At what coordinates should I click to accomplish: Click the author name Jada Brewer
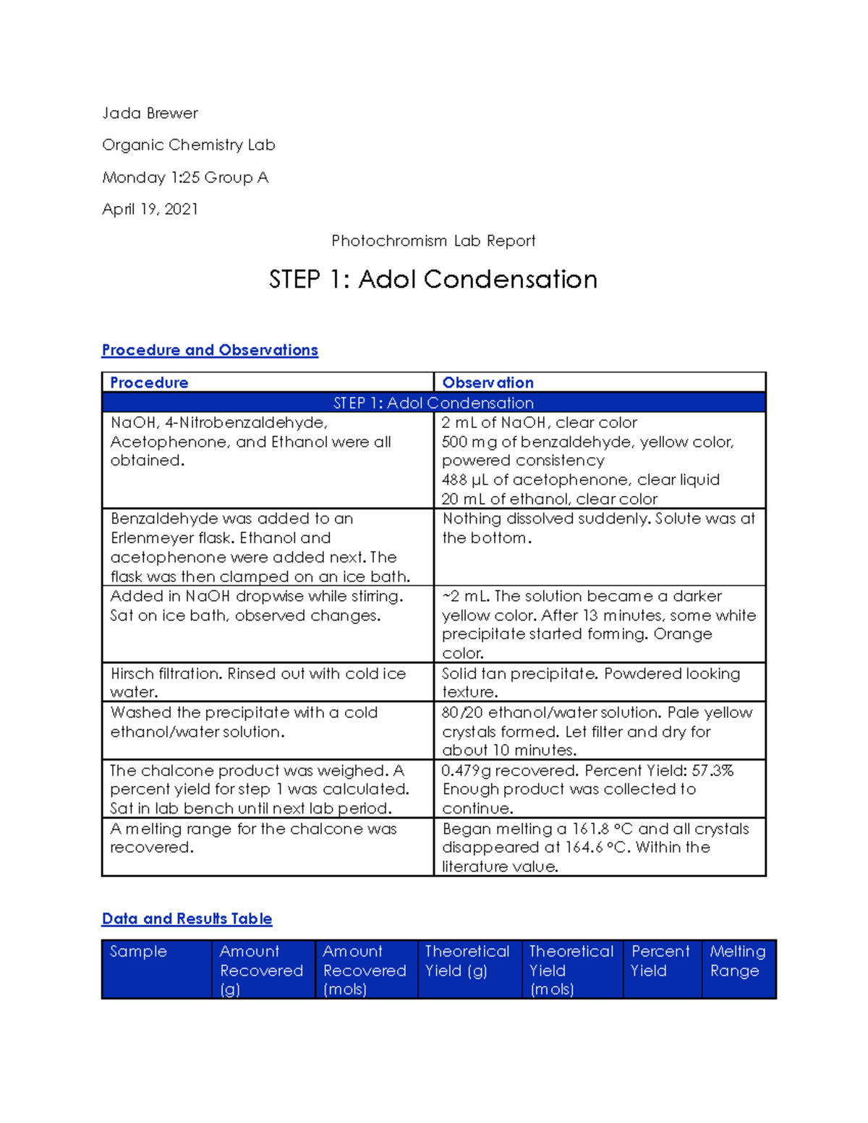click(150, 114)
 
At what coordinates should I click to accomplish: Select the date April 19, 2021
click(150, 210)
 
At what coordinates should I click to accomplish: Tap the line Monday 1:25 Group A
click(185, 178)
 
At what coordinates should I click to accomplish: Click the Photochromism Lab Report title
click(433, 241)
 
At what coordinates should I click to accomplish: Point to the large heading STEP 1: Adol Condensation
click(433, 280)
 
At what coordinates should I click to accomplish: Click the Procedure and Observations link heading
click(210, 350)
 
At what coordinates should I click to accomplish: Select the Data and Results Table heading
click(187, 919)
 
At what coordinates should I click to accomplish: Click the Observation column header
click(488, 383)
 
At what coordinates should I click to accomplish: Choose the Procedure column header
click(149, 383)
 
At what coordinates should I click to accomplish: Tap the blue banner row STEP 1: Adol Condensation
click(433, 403)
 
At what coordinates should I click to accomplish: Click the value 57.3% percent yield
click(712, 771)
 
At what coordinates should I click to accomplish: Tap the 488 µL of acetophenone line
click(580, 480)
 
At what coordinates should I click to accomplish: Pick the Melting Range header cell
click(737, 961)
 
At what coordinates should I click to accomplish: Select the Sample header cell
click(138, 952)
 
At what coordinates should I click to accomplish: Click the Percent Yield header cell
click(660, 961)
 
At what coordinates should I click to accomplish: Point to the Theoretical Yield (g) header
click(467, 961)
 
